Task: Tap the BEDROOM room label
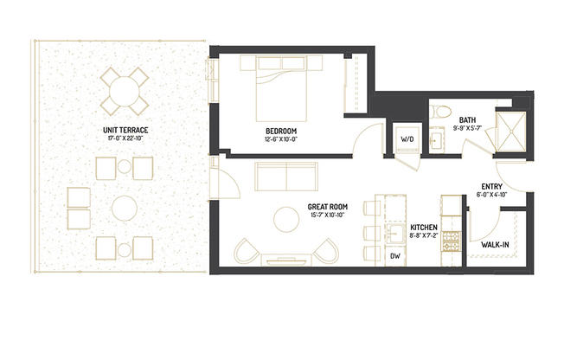point(282,131)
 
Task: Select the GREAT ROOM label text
point(328,208)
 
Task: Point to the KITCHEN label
point(423,226)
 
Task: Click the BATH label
point(466,120)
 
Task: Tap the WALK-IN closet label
point(494,245)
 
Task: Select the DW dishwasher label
point(395,255)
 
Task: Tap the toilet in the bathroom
point(441,110)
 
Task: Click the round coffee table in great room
point(285,219)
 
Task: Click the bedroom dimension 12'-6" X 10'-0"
point(282,139)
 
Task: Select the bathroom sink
point(436,138)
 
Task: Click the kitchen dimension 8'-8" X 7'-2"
point(423,235)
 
